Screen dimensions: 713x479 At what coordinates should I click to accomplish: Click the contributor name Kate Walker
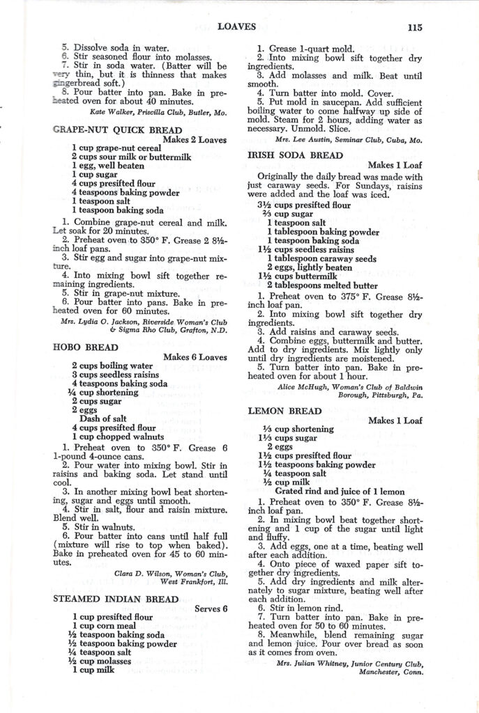(116, 111)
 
